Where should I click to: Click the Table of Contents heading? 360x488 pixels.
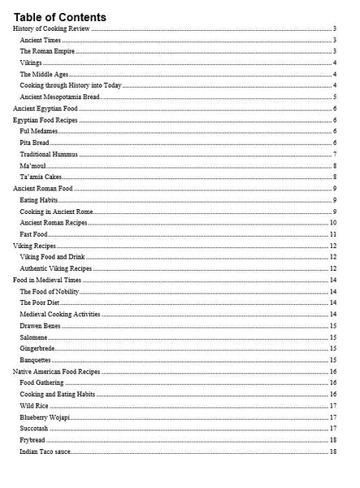coord(59,16)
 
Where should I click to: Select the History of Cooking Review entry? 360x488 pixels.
coord(51,28)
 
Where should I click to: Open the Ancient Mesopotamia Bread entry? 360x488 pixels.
coord(59,97)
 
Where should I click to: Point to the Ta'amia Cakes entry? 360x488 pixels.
coord(40,176)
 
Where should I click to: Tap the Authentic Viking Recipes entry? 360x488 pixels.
coord(56,268)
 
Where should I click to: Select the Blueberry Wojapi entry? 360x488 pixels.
coord(45,416)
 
